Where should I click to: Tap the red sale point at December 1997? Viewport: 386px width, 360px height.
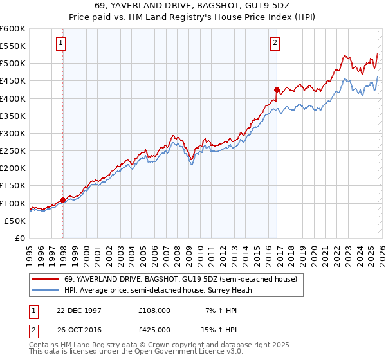pos(63,200)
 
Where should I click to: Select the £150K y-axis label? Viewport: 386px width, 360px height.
pos(14,186)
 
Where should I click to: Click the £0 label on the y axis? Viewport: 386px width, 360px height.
pos(21,238)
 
